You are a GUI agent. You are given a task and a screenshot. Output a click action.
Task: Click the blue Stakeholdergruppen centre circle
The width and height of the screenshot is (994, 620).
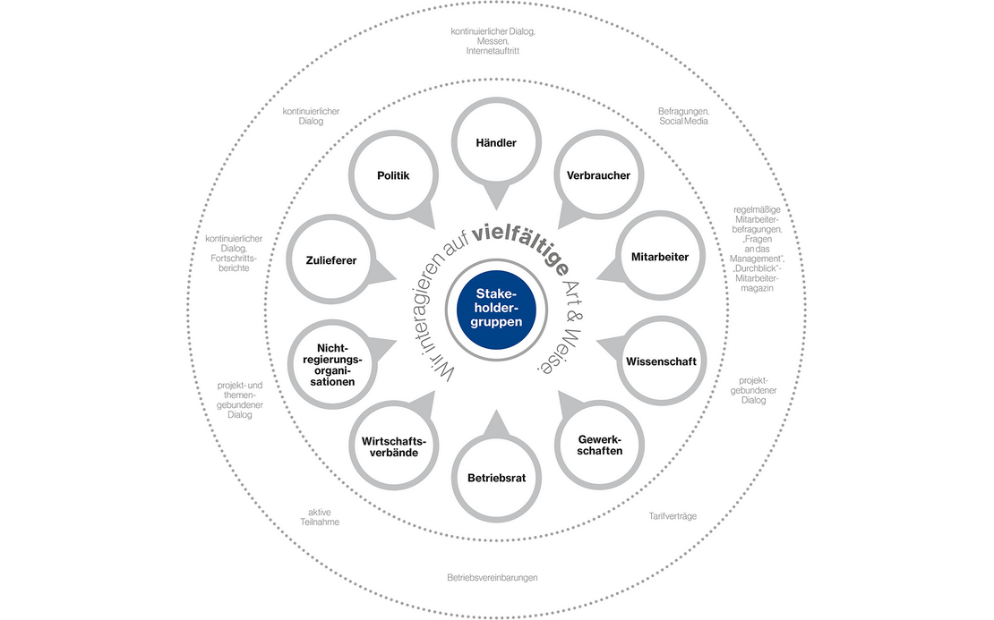[496, 310]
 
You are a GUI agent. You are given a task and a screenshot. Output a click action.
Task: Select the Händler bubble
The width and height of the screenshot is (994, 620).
[496, 143]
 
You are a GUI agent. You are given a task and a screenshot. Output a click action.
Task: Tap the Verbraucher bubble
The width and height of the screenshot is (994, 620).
[598, 175]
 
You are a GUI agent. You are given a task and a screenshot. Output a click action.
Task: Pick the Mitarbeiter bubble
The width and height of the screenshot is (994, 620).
[659, 256]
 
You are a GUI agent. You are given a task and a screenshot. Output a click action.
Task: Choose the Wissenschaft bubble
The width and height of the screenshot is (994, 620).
[661, 361]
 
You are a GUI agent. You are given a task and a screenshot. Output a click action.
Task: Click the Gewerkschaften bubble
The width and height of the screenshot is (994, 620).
[599, 446]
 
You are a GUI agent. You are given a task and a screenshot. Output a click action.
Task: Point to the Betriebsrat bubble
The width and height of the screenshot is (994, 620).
[496, 478]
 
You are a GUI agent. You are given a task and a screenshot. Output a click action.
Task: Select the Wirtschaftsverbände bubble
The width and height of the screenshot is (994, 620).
[394, 446]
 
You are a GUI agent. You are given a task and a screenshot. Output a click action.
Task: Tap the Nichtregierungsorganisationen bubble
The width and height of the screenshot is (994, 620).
[332, 365]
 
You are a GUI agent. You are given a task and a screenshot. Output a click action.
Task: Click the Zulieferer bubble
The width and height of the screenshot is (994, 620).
[331, 259]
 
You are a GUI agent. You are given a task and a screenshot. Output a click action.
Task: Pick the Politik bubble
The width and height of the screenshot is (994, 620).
[394, 175]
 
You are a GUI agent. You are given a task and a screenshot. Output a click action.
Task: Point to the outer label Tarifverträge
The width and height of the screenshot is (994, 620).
[673, 516]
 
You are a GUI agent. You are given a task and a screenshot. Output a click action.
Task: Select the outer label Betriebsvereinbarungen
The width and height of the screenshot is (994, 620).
[493, 578]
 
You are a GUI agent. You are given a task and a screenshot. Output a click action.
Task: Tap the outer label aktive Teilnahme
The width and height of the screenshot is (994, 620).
[320, 517]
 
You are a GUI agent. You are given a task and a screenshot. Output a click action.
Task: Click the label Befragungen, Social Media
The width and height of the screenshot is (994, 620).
[683, 116]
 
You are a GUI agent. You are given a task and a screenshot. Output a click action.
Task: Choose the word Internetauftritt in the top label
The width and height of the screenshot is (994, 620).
[493, 51]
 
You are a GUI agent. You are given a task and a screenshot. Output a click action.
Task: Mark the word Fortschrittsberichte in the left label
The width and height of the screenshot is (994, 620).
[234, 263]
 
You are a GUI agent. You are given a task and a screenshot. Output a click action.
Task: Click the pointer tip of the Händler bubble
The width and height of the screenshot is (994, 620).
[496, 210]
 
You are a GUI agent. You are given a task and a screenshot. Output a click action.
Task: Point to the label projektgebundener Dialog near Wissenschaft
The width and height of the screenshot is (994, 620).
[753, 390]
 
